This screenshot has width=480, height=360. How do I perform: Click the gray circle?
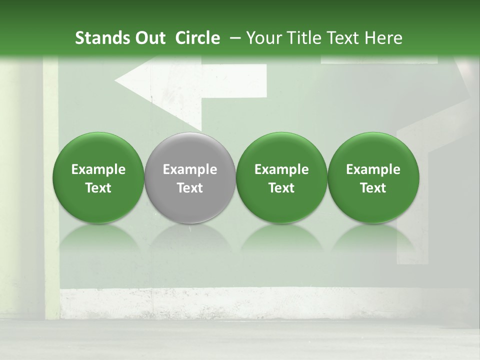(x=190, y=177)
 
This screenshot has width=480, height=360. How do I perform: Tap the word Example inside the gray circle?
(x=190, y=169)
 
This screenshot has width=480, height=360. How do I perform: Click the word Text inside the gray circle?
(x=190, y=188)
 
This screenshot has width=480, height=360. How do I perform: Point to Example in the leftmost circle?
(x=98, y=169)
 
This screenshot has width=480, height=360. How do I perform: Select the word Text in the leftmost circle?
(x=98, y=188)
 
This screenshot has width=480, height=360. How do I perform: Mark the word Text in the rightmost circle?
(x=373, y=188)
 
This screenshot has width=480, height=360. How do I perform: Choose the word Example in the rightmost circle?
(x=373, y=169)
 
